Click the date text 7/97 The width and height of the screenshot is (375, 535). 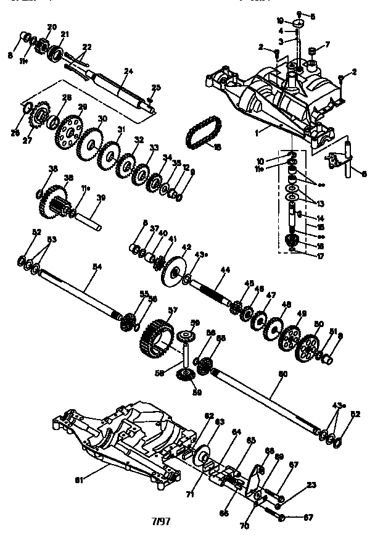161,521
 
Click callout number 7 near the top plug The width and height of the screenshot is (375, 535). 328,44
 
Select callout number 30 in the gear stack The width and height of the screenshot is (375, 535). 102,118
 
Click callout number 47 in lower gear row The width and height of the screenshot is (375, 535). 270,296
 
